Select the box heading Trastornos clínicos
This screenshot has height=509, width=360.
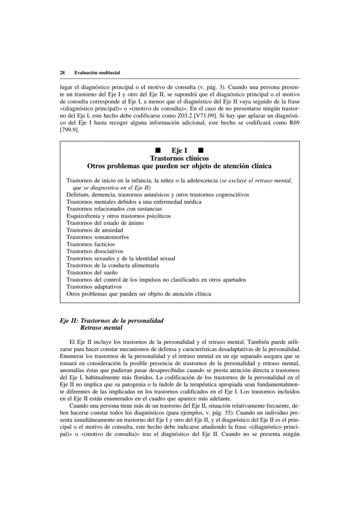(179, 158)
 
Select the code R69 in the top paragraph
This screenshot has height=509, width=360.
(294, 121)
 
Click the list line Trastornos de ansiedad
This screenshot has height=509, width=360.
(94, 230)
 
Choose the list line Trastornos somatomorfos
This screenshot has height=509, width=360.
(97, 237)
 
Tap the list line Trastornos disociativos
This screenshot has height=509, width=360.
(95, 251)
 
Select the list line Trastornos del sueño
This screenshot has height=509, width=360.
(90, 273)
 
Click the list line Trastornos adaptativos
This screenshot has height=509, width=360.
(94, 287)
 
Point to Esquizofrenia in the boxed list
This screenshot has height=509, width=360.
(83, 216)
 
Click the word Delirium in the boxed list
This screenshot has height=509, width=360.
(77, 194)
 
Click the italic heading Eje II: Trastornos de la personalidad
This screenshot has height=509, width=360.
(112, 320)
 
